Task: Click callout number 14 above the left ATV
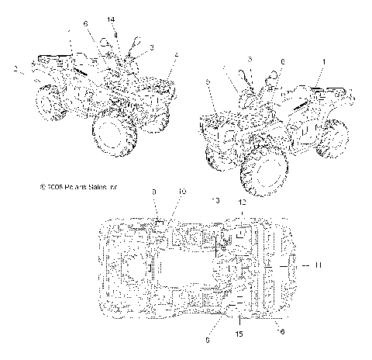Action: pyautogui.click(x=111, y=19)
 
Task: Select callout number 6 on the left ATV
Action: pyautogui.click(x=85, y=24)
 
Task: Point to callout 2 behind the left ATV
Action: pyautogui.click(x=15, y=69)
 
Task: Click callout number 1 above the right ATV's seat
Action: pyautogui.click(x=324, y=60)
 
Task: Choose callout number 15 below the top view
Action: pyautogui.click(x=239, y=334)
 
